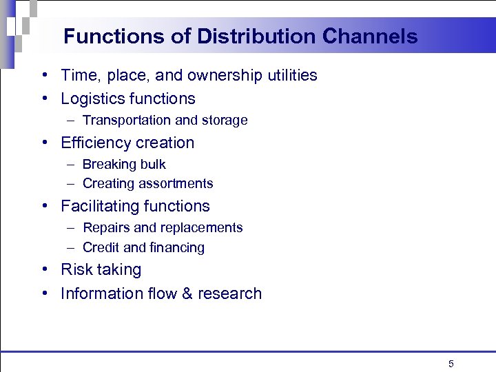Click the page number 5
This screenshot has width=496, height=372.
pyautogui.click(x=451, y=364)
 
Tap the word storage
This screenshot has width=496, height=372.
pyautogui.click(x=224, y=121)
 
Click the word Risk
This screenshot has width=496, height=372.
pyautogui.click(x=76, y=269)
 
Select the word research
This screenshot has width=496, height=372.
pyautogui.click(x=230, y=293)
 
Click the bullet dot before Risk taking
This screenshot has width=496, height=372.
pyautogui.click(x=43, y=269)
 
